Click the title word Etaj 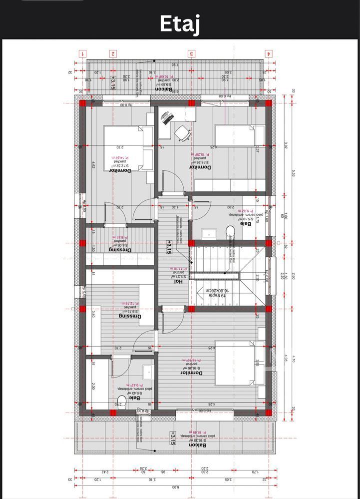coord(180,23)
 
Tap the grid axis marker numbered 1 coord(83,53)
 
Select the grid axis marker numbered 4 coord(269,53)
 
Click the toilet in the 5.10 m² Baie coord(230,231)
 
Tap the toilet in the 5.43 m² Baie coord(120,400)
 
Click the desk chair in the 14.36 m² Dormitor coord(182,133)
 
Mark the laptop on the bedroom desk coord(166,118)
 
